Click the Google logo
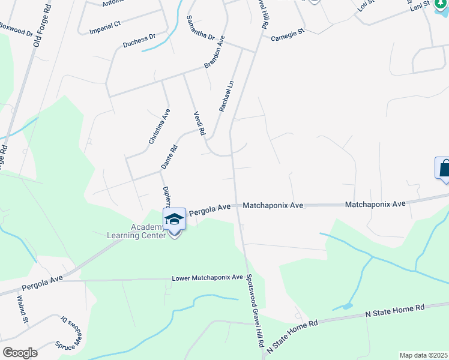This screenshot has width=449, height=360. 20,353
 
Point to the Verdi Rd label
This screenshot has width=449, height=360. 199,123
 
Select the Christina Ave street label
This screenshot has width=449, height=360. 160,127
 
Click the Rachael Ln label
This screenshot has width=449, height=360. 226,97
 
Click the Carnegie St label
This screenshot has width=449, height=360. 288,36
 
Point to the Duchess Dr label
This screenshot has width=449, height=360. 139,40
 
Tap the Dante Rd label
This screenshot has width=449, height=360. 169,156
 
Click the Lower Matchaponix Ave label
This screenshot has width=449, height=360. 207,278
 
